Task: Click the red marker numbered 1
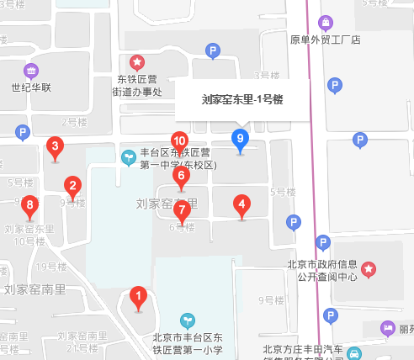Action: pos(139,297)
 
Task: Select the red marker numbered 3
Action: pos(56,148)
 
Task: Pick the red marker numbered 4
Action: pos(241,204)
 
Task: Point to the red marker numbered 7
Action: pos(182,210)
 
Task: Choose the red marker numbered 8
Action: pos(30,205)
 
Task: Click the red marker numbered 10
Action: pos(179,141)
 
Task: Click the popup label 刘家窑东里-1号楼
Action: pos(242,99)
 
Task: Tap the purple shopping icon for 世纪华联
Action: pos(31,71)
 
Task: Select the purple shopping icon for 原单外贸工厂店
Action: pos(325,23)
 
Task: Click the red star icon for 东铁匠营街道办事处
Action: pos(137,61)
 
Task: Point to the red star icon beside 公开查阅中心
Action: pos(369,269)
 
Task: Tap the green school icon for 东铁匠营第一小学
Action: pos(188,320)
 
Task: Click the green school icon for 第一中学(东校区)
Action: pos(129,156)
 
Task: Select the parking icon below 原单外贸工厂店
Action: pos(335,85)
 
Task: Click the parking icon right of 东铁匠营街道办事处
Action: pos(213,52)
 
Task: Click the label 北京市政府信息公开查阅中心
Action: pos(318,268)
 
